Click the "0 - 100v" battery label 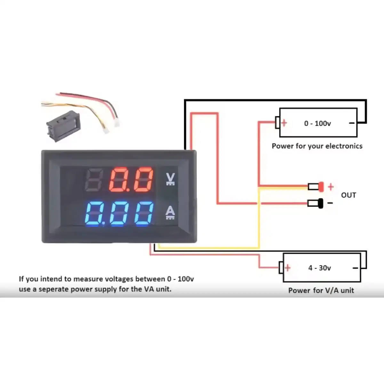tap(317, 124)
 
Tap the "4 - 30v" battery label tap(320, 268)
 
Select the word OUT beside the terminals tap(348, 195)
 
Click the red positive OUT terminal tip tap(321, 187)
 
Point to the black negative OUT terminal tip tap(321, 204)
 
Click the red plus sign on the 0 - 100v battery tap(284, 123)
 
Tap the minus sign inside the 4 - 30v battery tap(355, 268)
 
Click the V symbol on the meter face tap(170, 179)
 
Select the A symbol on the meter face tap(170, 212)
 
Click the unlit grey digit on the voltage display tap(94, 180)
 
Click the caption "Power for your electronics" tap(317, 146)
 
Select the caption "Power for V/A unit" tap(321, 290)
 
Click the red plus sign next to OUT tap(331, 187)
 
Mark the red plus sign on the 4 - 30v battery tap(288, 268)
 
